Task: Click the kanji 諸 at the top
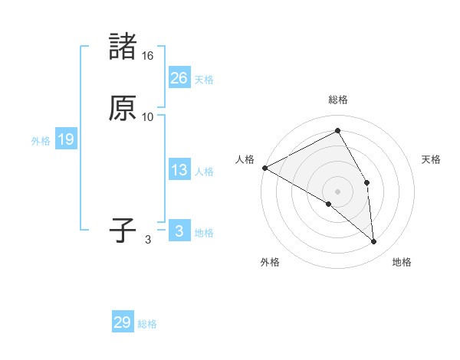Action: pyautogui.click(x=123, y=47)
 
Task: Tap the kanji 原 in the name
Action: pyautogui.click(x=123, y=108)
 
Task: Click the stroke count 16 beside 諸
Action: pyautogui.click(x=148, y=56)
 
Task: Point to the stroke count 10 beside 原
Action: pyautogui.click(x=148, y=116)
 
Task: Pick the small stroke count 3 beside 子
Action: pyautogui.click(x=148, y=240)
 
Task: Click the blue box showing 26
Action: pyautogui.click(x=179, y=78)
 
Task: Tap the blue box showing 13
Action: pyautogui.click(x=179, y=170)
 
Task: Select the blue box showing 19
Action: pyautogui.click(x=65, y=139)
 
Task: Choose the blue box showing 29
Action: pyautogui.click(x=122, y=322)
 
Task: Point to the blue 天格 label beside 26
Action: pyautogui.click(x=204, y=80)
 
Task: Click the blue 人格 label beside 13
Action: pyautogui.click(x=204, y=172)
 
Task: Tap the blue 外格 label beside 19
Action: pyautogui.click(x=41, y=141)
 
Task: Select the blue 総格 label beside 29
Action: pyautogui.click(x=147, y=324)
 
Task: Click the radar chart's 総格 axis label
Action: pyautogui.click(x=338, y=100)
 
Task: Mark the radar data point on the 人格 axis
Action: pyautogui.click(x=264, y=168)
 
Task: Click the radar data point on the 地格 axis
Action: pyautogui.click(x=374, y=242)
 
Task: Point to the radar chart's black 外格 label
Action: pyautogui.click(x=270, y=262)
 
